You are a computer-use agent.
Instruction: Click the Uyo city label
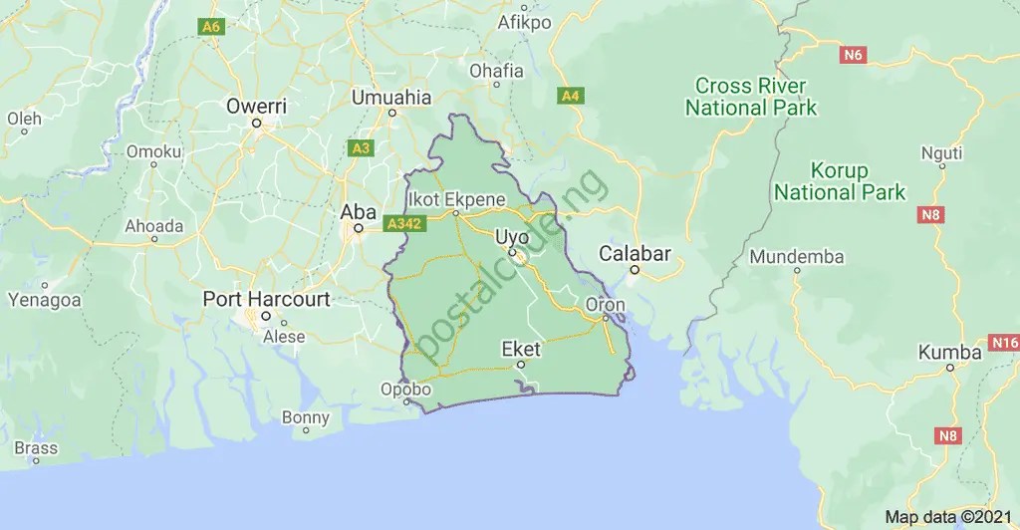512,237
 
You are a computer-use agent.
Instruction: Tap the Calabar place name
635,253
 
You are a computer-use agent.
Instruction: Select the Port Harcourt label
266,299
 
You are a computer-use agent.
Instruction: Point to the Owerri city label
256,106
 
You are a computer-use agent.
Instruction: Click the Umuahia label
391,98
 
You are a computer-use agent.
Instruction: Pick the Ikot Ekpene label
456,198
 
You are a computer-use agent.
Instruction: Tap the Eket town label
521,349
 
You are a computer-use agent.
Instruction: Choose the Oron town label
606,305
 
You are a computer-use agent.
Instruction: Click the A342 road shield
404,224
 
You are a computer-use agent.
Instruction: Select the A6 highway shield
210,27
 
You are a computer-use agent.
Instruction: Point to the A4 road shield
571,96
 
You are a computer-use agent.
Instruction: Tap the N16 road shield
1005,343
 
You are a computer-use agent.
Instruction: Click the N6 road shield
852,55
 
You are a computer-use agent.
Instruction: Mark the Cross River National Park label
751,97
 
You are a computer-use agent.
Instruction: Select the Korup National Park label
840,181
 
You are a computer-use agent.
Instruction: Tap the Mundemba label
797,257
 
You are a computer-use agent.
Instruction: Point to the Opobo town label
406,390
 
